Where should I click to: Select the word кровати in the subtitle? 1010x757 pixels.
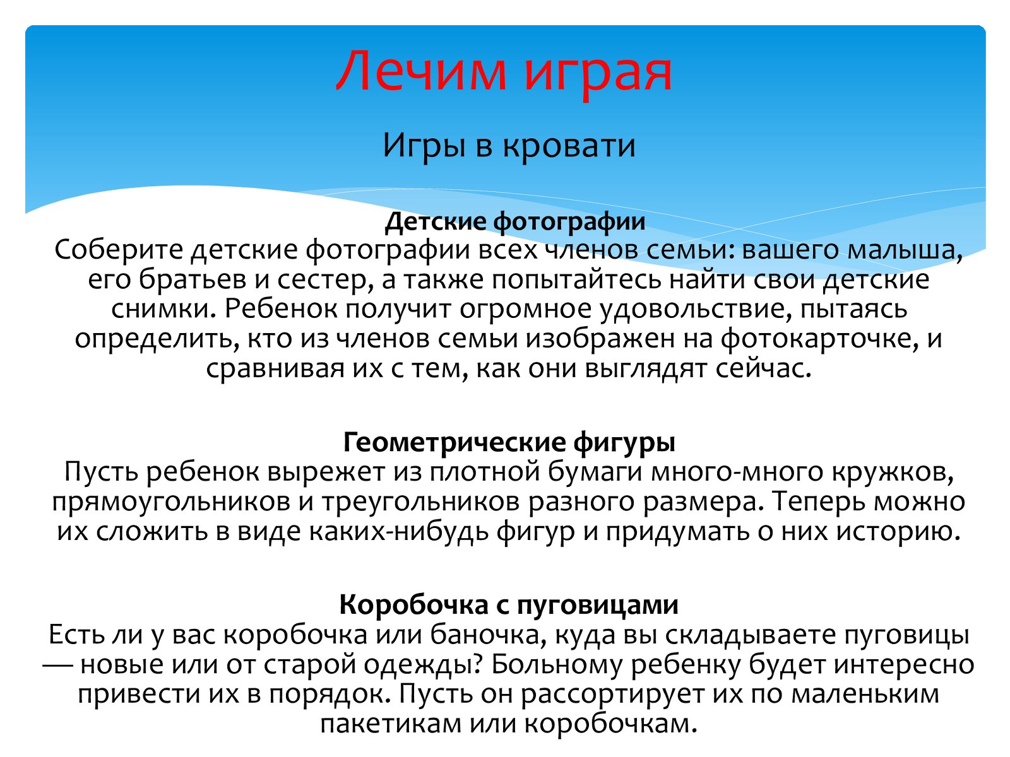click(568, 146)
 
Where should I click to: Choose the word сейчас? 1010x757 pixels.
click(763, 368)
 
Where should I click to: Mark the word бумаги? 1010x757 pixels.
click(595, 472)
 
